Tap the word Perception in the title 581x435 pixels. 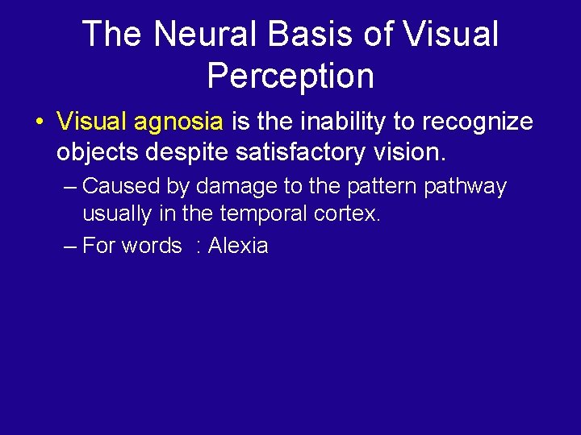(x=290, y=76)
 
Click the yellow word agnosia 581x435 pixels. (x=178, y=122)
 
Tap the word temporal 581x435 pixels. (x=258, y=214)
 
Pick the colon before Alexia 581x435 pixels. (x=198, y=246)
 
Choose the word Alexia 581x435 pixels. (x=238, y=246)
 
